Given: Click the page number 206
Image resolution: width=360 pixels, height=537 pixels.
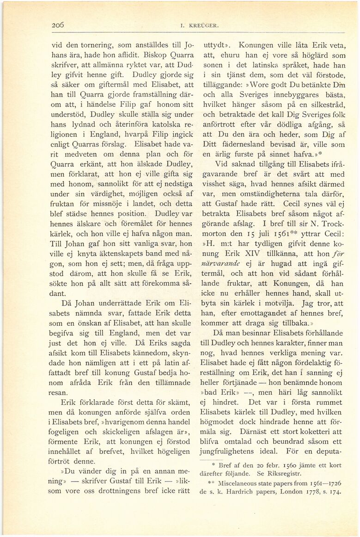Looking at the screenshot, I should pyautogui.click(x=59, y=25).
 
